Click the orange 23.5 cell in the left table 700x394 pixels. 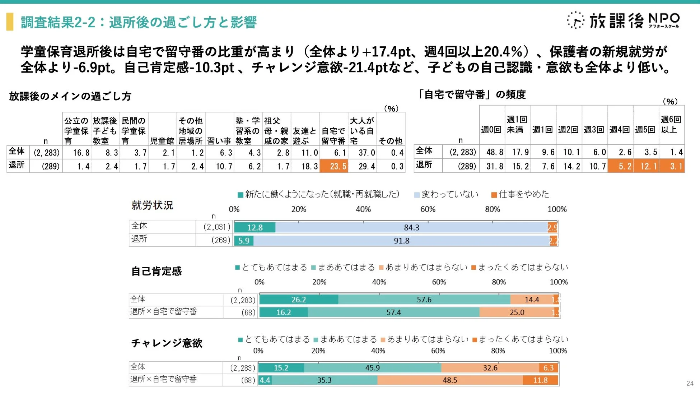[334, 166]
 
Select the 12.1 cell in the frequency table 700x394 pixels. [646, 166]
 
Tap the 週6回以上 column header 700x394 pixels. [671, 125]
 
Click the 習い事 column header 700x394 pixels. [219, 141]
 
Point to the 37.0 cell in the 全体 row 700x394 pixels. [363, 153]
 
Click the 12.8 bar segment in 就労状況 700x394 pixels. [255, 227]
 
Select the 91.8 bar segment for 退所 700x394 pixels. [401, 241]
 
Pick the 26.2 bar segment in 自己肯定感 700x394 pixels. [298, 300]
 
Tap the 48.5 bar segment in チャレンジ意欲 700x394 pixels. [449, 380]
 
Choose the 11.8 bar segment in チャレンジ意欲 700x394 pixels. [540, 380]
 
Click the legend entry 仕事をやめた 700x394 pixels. [520, 194]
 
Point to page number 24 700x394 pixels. [690, 383]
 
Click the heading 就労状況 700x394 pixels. [152, 205]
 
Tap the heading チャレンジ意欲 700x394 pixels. [167, 343]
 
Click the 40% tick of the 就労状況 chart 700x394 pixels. [363, 209]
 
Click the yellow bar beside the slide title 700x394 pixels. [10, 22]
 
